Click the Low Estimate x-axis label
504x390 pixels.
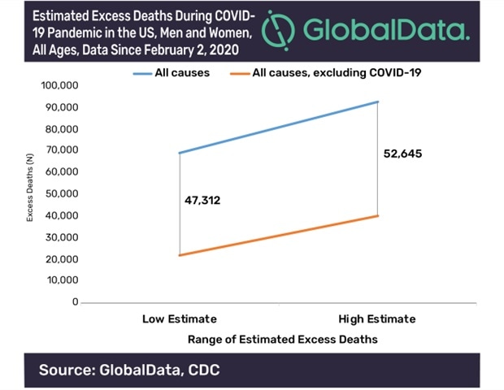[179, 318]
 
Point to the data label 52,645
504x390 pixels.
[404, 154]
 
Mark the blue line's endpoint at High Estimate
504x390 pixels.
[379, 102]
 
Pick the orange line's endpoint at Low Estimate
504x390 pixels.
[179, 255]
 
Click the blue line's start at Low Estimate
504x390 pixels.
[179, 153]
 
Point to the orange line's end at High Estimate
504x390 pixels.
[379, 215]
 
